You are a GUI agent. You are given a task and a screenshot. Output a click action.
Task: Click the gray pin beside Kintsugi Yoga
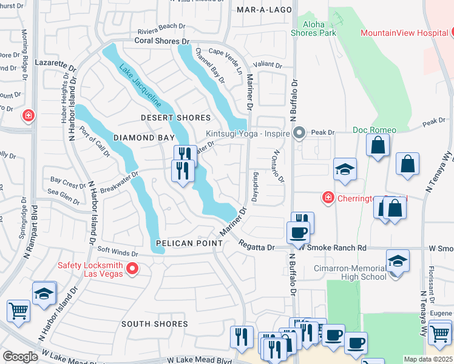299,132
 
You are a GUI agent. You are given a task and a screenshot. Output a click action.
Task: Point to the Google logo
21,357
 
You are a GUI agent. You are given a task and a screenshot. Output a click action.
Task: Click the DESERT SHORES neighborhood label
176,118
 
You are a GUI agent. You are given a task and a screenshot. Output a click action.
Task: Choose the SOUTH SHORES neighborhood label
155,324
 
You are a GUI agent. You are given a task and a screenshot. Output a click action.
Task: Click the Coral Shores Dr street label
161,41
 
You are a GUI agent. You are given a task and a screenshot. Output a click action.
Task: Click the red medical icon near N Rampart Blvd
28,115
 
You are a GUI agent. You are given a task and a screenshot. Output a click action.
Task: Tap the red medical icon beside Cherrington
328,197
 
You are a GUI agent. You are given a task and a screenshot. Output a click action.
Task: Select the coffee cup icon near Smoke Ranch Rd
298,233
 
